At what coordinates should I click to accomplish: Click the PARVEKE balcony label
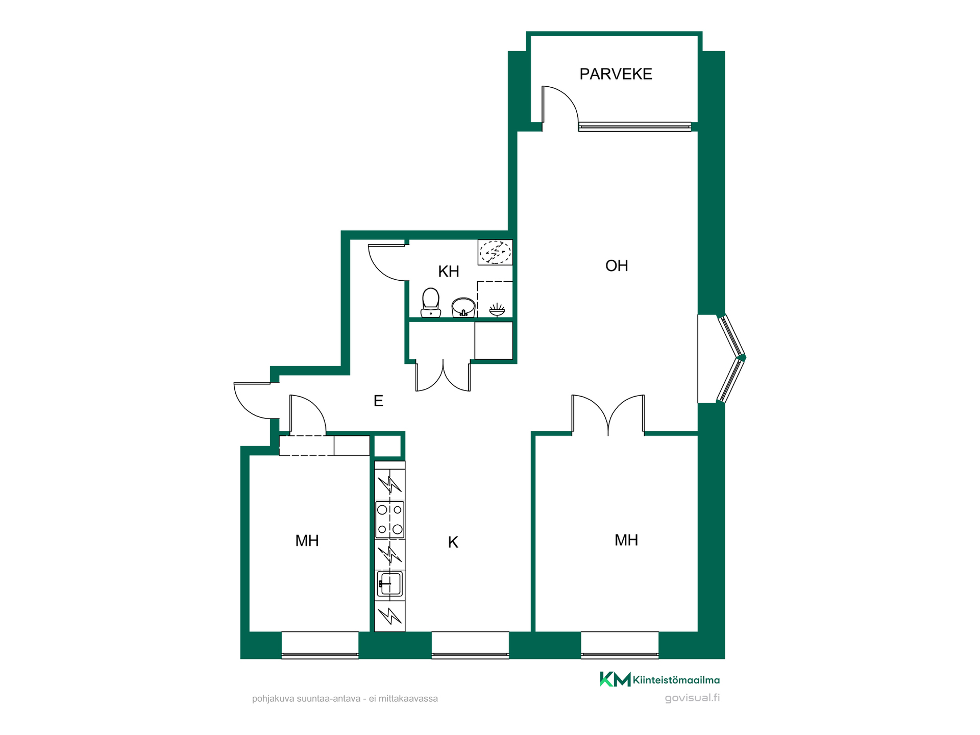(616, 74)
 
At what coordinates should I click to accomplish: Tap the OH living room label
(617, 265)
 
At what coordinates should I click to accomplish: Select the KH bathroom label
(449, 271)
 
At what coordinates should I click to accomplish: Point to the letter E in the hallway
(378, 401)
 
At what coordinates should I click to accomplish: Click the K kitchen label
(453, 542)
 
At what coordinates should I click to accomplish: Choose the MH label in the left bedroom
(307, 541)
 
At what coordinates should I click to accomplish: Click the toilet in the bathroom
(431, 303)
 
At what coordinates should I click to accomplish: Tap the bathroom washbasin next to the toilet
(463, 307)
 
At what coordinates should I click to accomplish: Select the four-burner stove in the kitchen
(390, 520)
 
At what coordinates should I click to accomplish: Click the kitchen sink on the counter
(390, 584)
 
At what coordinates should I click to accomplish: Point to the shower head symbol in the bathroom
(497, 309)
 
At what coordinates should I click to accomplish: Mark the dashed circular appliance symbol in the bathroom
(495, 252)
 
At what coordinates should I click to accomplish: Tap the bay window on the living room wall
(731, 358)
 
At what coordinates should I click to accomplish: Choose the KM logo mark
(615, 679)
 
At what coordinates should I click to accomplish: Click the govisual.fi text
(692, 698)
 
